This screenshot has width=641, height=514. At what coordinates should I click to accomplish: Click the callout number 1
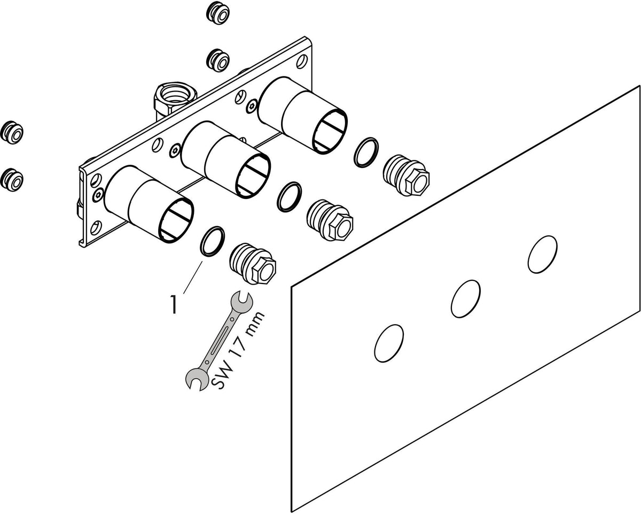point(174,304)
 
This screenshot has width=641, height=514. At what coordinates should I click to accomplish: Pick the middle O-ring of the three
point(289,197)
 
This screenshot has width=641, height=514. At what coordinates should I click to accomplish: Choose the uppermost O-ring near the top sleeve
point(366,152)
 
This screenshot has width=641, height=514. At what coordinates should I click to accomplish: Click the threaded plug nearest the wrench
point(253,264)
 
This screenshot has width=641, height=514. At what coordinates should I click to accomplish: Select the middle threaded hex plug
point(330,220)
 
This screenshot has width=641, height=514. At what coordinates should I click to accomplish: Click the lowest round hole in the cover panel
point(389,343)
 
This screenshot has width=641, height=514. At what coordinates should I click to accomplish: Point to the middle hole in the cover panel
point(466,299)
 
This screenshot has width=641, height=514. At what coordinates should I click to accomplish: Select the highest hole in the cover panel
point(542,255)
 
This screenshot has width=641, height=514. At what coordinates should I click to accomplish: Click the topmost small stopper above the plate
point(218,13)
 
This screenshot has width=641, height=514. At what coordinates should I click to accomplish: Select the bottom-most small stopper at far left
point(12,180)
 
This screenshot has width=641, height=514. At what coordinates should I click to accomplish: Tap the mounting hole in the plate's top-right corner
point(302,62)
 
